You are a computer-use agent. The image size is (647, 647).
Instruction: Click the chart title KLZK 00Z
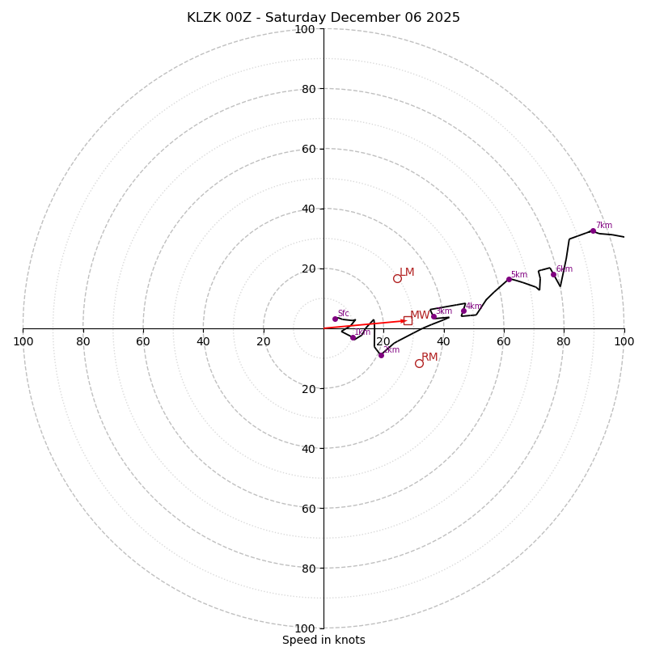point(323,18)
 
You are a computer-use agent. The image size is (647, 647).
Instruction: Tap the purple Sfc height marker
point(335,319)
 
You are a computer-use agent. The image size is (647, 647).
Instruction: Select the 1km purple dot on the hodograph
point(353,337)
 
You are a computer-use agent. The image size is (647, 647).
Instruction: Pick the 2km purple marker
point(381,355)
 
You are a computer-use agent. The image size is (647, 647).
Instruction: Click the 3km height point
point(433,316)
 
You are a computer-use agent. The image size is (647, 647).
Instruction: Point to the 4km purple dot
point(463,311)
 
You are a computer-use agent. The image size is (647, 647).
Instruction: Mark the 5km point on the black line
point(509,279)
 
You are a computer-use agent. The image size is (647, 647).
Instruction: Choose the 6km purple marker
point(553,274)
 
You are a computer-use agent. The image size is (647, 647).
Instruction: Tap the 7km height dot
point(593,230)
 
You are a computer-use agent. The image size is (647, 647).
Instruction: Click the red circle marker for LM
point(397,278)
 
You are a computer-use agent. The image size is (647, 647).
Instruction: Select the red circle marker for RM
point(419,363)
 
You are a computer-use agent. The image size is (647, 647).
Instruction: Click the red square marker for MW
point(408,320)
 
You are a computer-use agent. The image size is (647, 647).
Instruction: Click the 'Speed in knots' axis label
point(323,640)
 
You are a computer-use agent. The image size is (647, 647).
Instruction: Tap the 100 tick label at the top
point(305,29)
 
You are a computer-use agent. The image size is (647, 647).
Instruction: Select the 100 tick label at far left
point(23,341)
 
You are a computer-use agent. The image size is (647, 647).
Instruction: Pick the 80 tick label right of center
point(564,341)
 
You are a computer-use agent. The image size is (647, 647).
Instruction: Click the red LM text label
point(407,273)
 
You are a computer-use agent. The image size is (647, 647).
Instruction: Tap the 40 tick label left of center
point(203,341)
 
